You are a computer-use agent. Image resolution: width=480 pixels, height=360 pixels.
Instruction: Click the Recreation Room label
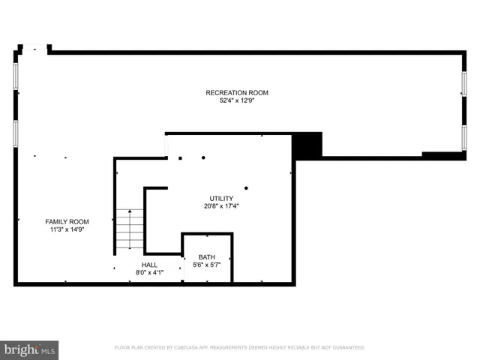pos(237,93)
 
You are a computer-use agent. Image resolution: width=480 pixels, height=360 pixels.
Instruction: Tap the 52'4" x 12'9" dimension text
pos(237,100)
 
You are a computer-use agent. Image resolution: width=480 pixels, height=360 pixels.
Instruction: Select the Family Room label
pos(67,222)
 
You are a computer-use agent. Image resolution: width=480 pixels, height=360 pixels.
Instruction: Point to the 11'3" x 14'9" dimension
pos(67,229)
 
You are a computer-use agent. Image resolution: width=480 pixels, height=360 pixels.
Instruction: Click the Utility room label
pos(221,199)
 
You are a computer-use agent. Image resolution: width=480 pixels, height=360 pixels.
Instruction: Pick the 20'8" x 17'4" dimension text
pos(221,206)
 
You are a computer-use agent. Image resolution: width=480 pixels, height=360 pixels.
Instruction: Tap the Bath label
pos(206,257)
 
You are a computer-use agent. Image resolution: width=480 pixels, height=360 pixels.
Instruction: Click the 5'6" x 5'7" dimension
pos(206,265)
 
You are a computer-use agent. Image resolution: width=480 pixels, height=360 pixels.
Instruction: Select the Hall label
pos(150,265)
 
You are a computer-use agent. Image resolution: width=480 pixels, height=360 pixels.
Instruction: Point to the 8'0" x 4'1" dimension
pos(150,272)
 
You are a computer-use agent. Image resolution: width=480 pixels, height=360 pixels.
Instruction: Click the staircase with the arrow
pos(130,229)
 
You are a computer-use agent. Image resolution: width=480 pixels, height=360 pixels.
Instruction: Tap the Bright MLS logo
pos(29,349)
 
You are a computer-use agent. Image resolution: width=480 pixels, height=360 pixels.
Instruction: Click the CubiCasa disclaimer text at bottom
pos(239,347)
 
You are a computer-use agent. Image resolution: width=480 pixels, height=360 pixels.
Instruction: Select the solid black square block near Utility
pos(307,145)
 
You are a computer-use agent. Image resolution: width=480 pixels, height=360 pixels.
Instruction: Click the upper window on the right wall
pos(464,83)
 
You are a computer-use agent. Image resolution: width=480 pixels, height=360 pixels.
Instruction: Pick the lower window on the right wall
pos(464,139)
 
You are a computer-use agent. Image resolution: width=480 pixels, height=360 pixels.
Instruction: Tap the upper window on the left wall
pos(16,76)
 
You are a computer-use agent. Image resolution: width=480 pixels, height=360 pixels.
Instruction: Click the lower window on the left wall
pos(16,132)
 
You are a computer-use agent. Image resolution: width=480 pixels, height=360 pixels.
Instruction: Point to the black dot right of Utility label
pos(246,187)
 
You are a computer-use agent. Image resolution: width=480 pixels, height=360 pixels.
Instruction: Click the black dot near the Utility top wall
pos(202,157)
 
